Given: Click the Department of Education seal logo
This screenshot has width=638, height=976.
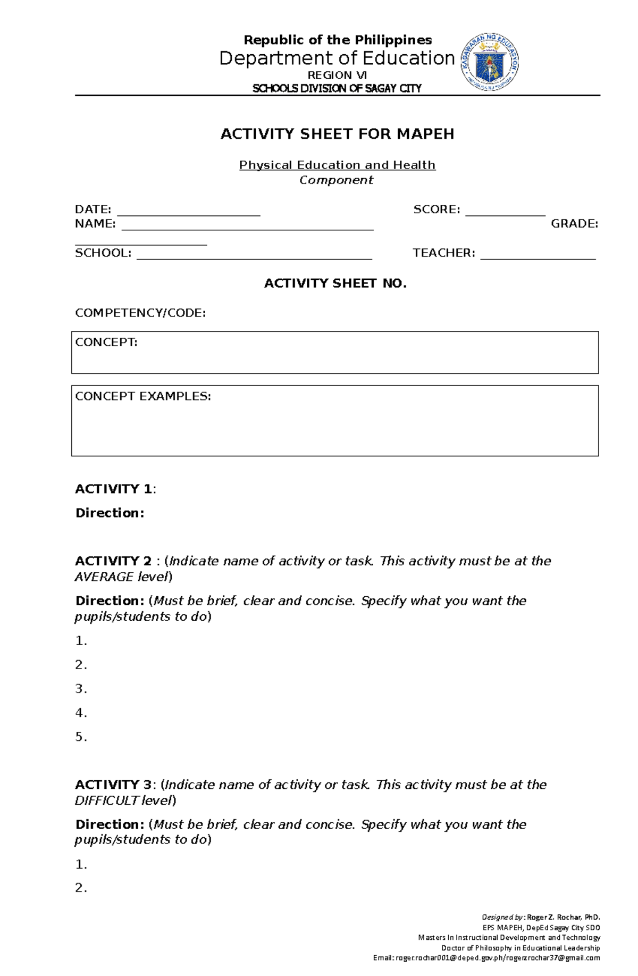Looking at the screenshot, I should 490,62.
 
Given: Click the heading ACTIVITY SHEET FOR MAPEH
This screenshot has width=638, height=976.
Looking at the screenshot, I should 337,134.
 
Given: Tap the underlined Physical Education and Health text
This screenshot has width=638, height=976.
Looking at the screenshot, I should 337,165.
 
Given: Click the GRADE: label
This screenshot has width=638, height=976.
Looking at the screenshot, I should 574,224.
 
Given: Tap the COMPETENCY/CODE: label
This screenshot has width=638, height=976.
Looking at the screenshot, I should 140,313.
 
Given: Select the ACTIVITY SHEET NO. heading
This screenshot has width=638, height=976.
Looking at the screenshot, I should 335,283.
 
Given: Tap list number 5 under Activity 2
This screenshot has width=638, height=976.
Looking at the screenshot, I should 81,737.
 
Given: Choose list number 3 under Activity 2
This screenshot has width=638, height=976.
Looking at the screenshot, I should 81,689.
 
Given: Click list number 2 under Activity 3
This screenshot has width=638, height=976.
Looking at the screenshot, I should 81,888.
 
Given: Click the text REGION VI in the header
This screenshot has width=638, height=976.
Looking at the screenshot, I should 337,76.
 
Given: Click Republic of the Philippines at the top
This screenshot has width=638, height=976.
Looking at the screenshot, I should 337,40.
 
